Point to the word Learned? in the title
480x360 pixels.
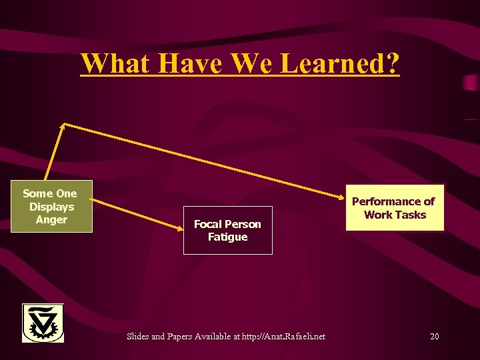341,63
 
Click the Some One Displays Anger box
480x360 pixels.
51,206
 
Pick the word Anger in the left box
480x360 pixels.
51,219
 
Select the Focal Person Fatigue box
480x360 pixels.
227,230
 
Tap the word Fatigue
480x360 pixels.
227,237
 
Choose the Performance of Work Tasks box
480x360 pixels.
394,207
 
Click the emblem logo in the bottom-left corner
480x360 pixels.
43,323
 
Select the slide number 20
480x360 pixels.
434,337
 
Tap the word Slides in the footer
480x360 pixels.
138,337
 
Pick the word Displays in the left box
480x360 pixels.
51,207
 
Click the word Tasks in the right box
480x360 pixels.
411,215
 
